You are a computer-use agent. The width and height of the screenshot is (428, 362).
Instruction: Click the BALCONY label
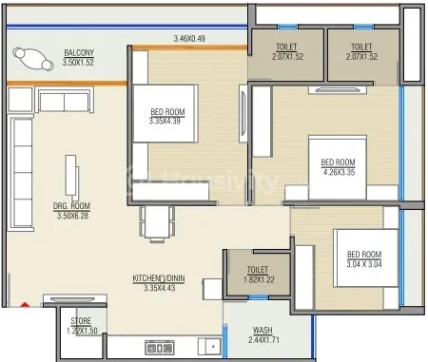coord(79,52)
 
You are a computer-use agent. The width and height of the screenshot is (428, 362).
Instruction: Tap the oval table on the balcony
coord(33,59)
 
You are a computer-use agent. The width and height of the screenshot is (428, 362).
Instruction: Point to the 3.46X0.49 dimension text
coord(189,39)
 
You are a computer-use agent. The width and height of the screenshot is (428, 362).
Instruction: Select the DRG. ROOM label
coord(71,206)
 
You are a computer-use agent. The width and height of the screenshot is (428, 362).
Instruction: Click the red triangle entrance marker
coord(25,305)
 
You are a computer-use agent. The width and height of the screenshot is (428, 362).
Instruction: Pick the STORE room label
coord(81,321)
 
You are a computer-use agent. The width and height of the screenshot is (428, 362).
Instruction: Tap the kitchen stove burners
coord(160,348)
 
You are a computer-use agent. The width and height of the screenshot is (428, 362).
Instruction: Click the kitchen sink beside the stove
coord(209,347)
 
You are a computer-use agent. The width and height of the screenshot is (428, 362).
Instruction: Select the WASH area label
coord(263,331)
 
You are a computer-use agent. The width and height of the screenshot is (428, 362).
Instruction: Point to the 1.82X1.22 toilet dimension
coord(259,279)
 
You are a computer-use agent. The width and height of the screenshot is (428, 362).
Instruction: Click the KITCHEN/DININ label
coord(159,278)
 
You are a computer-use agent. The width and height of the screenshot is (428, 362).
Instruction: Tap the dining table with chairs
coord(157,224)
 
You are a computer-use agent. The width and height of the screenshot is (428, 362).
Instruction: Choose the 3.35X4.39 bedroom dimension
coord(165,121)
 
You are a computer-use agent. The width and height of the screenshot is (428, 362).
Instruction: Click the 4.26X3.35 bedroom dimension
coord(339,173)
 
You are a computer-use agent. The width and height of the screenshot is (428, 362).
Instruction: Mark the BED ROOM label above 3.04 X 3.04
coord(364,255)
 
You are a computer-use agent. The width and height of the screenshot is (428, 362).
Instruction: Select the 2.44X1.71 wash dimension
coord(263,340)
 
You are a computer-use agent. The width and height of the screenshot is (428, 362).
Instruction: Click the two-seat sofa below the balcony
coord(66,100)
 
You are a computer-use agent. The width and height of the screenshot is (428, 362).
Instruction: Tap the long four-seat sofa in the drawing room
coord(22,173)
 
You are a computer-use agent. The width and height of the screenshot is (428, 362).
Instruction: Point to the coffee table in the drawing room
coord(71,177)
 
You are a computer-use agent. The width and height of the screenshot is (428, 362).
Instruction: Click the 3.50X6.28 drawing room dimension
coord(72,216)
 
